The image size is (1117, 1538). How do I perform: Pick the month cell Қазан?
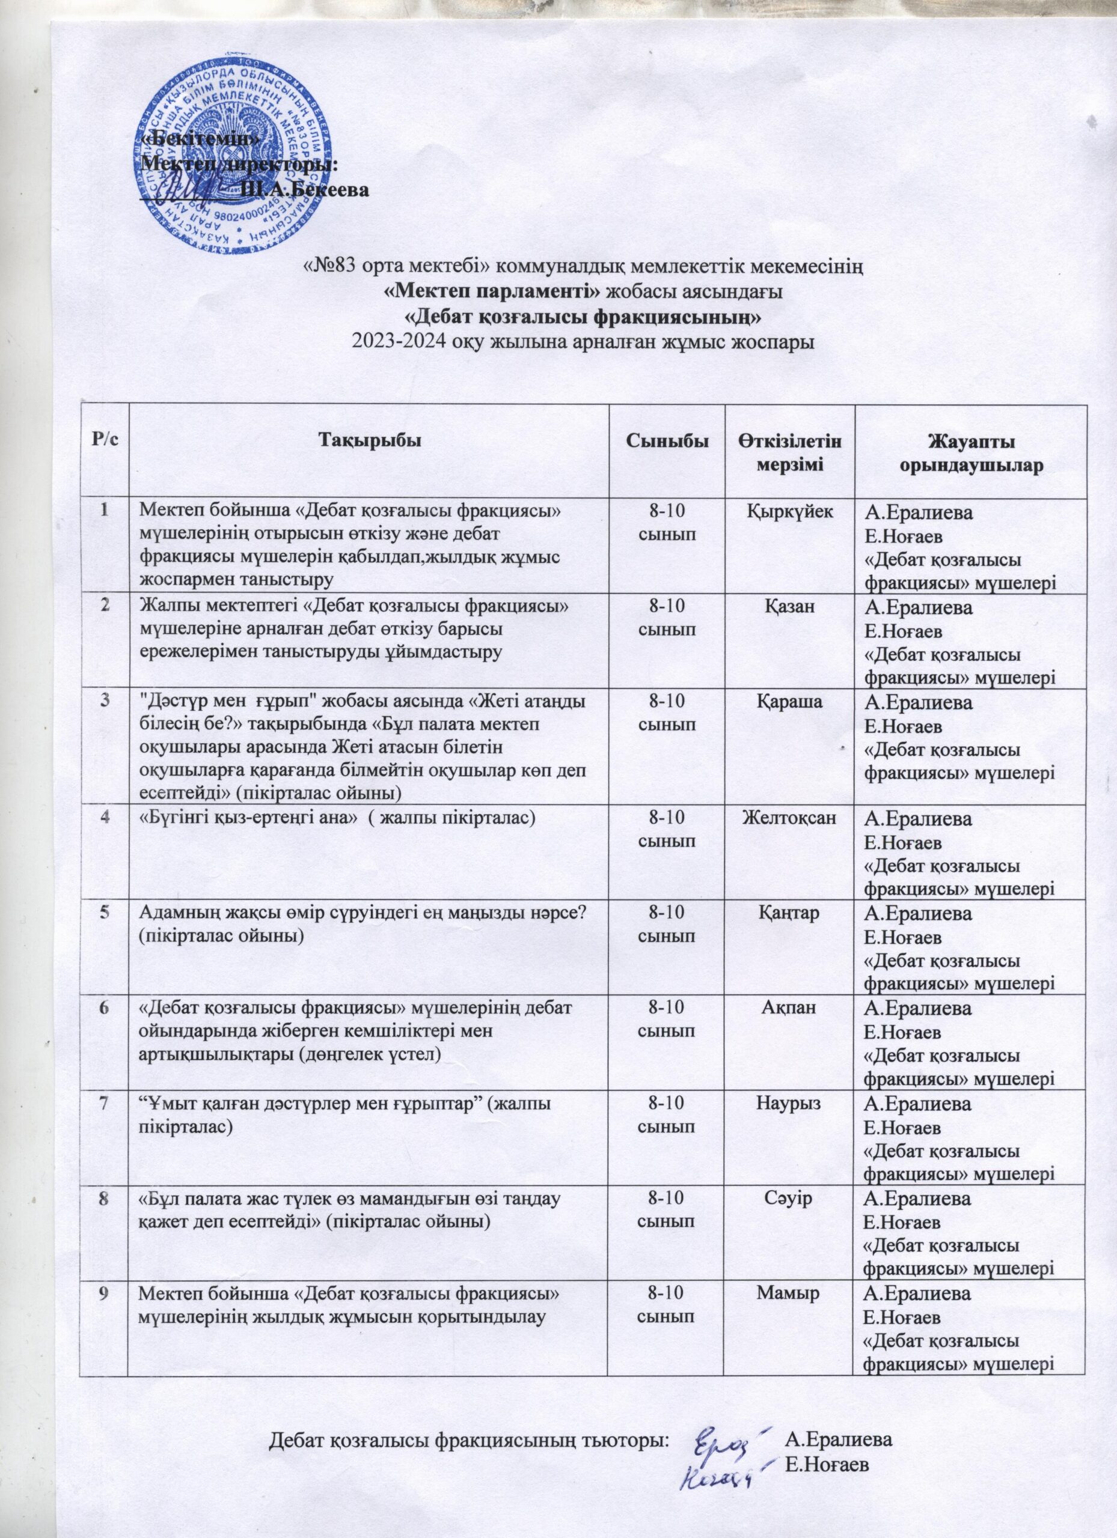pos(790,608)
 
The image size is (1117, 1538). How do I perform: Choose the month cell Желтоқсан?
pos(790,819)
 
